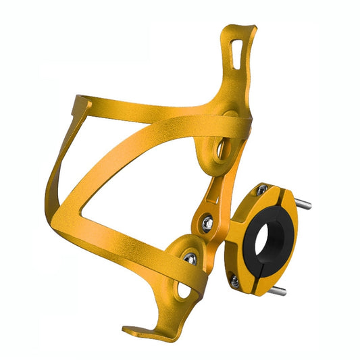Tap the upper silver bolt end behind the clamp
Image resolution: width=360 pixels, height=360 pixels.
point(305,203)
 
